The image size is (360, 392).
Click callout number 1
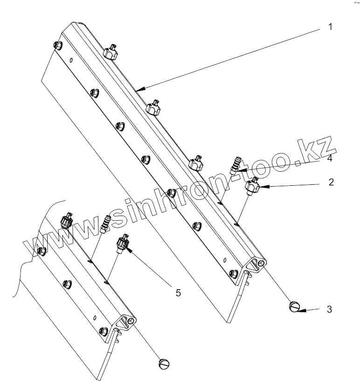[330, 27]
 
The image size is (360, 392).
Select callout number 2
[331, 182]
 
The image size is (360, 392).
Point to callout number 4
[329, 160]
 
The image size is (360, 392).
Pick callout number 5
[178, 293]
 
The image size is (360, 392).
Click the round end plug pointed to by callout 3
[294, 307]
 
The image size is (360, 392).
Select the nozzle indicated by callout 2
[252, 185]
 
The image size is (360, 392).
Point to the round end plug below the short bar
[164, 363]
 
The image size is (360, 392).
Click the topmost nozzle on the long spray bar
[110, 52]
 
